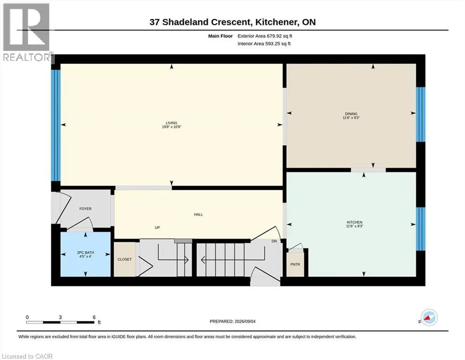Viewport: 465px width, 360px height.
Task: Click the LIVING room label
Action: click(171, 123)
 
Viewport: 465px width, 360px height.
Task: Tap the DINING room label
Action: click(351, 113)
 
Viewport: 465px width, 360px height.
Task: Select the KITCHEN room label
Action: click(354, 222)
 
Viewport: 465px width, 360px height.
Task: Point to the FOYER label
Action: click(85, 209)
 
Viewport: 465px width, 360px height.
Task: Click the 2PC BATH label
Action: click(85, 253)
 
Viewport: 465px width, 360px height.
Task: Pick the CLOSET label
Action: click(125, 259)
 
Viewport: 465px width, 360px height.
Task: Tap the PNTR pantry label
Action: click(295, 264)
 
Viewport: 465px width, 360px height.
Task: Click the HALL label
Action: click(199, 214)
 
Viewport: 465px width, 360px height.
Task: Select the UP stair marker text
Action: click(157, 228)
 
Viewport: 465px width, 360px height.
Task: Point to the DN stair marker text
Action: click(274, 241)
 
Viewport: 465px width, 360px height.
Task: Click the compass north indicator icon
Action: click(429, 317)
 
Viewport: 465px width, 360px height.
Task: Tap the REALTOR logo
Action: click(27, 32)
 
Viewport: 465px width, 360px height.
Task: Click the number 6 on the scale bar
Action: click(94, 317)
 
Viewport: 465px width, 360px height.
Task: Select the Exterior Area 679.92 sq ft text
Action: click(265, 36)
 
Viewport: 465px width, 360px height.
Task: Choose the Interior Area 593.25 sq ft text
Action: click(264, 44)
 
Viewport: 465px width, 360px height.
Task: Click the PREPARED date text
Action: click(232, 322)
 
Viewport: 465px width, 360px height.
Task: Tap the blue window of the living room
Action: click(56, 125)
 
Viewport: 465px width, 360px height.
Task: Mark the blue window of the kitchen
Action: click(421, 229)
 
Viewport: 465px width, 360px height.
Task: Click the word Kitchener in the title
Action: click(277, 22)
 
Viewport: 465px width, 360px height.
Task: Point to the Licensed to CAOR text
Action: click(27, 356)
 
